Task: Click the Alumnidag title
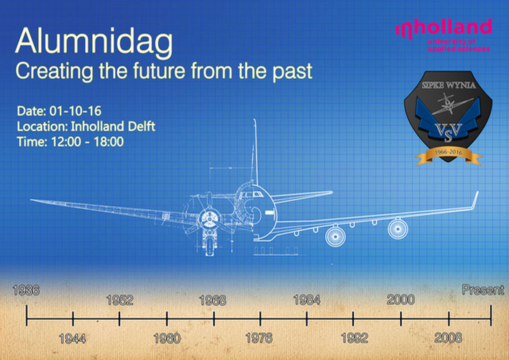point(94,44)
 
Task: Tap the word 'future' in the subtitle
point(159,71)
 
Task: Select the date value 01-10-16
point(75,111)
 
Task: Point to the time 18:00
point(109,141)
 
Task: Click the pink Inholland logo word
point(444,30)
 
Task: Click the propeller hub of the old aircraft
point(209,219)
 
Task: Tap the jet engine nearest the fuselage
point(335,236)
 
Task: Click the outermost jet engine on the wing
point(398,229)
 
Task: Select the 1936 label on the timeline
point(26,290)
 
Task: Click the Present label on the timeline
point(483,290)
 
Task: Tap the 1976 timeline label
point(259,338)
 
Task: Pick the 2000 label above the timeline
point(401,300)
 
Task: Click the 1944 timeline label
point(72,339)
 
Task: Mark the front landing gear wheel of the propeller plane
point(210,250)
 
